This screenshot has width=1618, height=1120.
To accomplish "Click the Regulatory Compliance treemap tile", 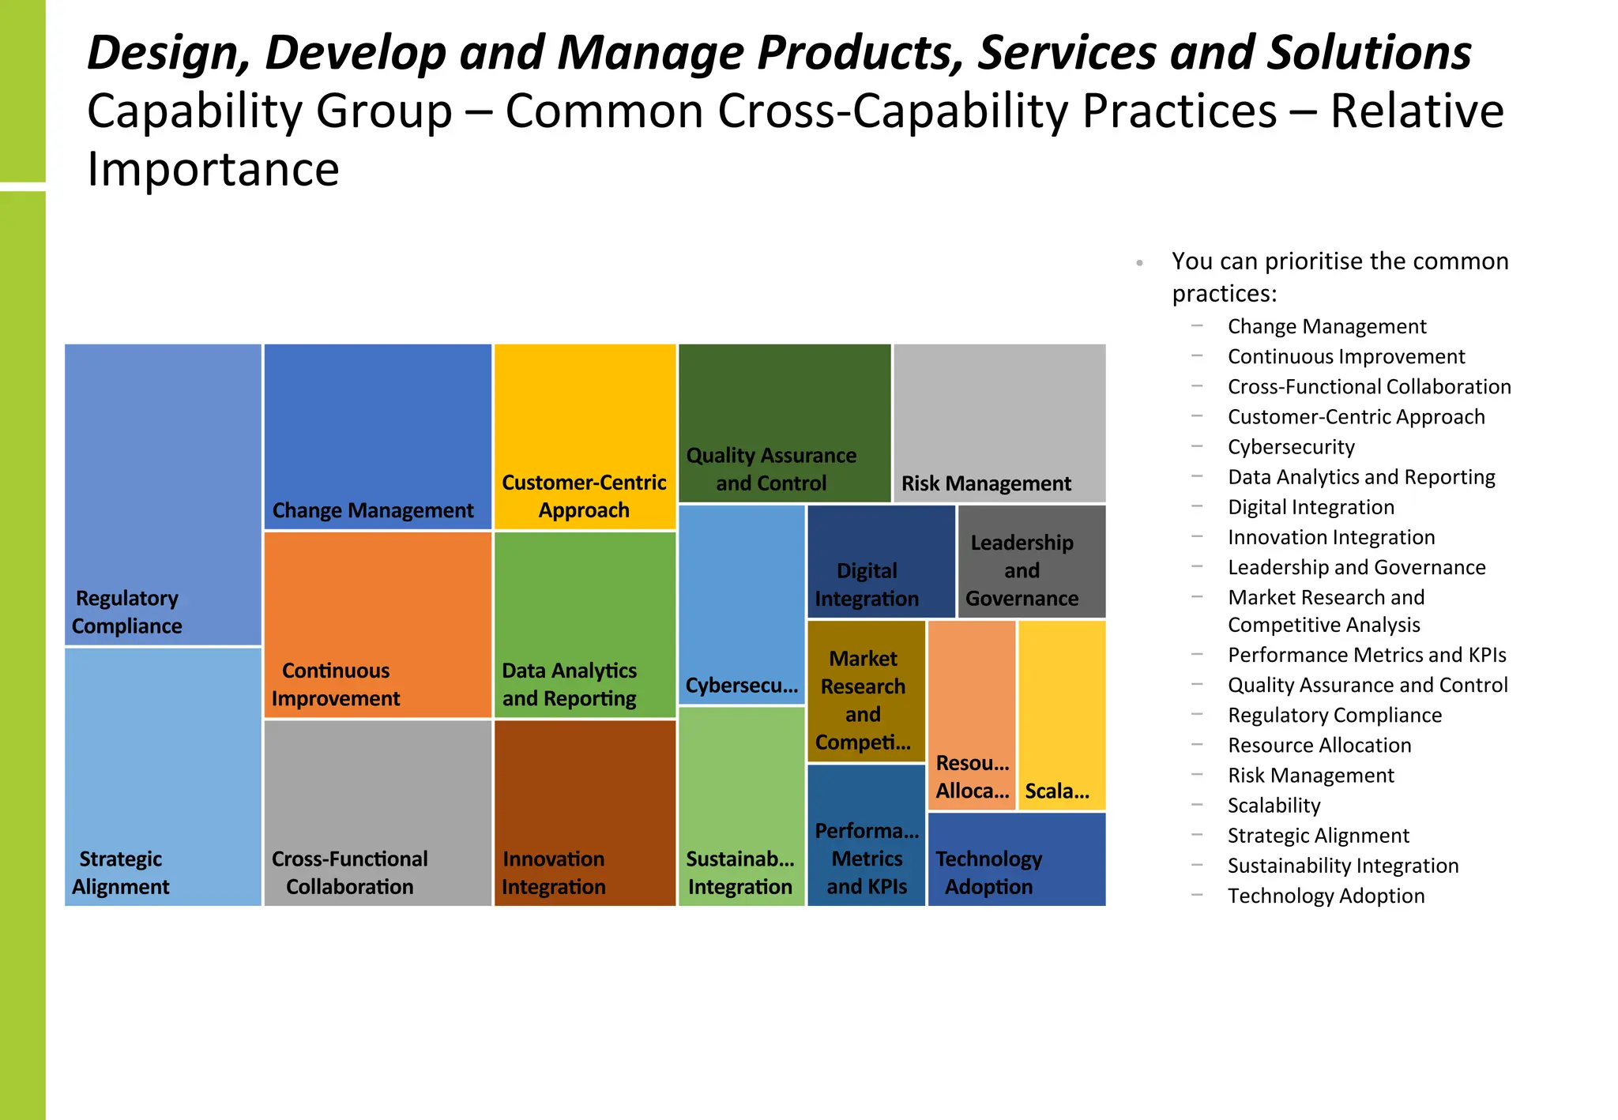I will click(x=163, y=494).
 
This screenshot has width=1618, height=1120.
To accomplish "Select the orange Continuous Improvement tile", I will click(x=378, y=625).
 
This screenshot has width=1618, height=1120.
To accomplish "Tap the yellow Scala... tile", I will click(x=1062, y=715).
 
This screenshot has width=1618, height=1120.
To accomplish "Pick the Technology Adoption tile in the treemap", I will click(x=1016, y=859).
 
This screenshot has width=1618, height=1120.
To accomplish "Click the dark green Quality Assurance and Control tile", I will click(x=785, y=423).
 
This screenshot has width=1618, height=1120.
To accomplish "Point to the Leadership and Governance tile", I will click(x=1031, y=562).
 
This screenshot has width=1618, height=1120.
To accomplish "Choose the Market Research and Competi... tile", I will click(x=866, y=691).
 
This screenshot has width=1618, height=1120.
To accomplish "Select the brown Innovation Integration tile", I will click(x=585, y=813).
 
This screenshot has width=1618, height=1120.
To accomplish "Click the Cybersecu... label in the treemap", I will click(x=741, y=685).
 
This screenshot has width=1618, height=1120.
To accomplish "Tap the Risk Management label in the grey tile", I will click(x=986, y=483).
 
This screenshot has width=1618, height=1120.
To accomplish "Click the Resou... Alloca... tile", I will click(x=972, y=715).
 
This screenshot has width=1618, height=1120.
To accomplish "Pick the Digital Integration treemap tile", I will click(x=881, y=562).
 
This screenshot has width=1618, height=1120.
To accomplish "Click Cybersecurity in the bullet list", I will click(x=1291, y=447).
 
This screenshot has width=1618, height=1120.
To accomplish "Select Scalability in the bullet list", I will click(x=1274, y=806).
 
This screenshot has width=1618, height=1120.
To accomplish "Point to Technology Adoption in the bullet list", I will click(x=1326, y=896).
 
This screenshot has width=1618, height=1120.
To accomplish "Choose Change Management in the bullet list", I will click(x=1326, y=326).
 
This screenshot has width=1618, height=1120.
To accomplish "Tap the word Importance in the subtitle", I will click(x=213, y=169).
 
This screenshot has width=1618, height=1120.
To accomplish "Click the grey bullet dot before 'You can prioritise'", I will click(x=1139, y=263).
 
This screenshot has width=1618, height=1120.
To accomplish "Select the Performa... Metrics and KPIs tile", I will click(x=866, y=835).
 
